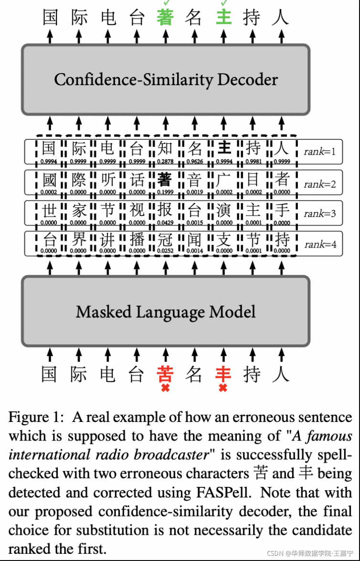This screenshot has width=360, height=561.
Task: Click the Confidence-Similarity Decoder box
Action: (165, 79)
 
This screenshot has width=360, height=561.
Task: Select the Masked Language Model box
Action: (165, 312)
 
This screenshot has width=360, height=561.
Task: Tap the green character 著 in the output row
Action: (165, 18)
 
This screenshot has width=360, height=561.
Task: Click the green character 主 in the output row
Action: (223, 18)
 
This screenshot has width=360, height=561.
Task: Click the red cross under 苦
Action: (165, 388)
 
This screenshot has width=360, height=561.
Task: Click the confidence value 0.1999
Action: (165, 192)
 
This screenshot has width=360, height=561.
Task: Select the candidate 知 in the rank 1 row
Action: (165, 149)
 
